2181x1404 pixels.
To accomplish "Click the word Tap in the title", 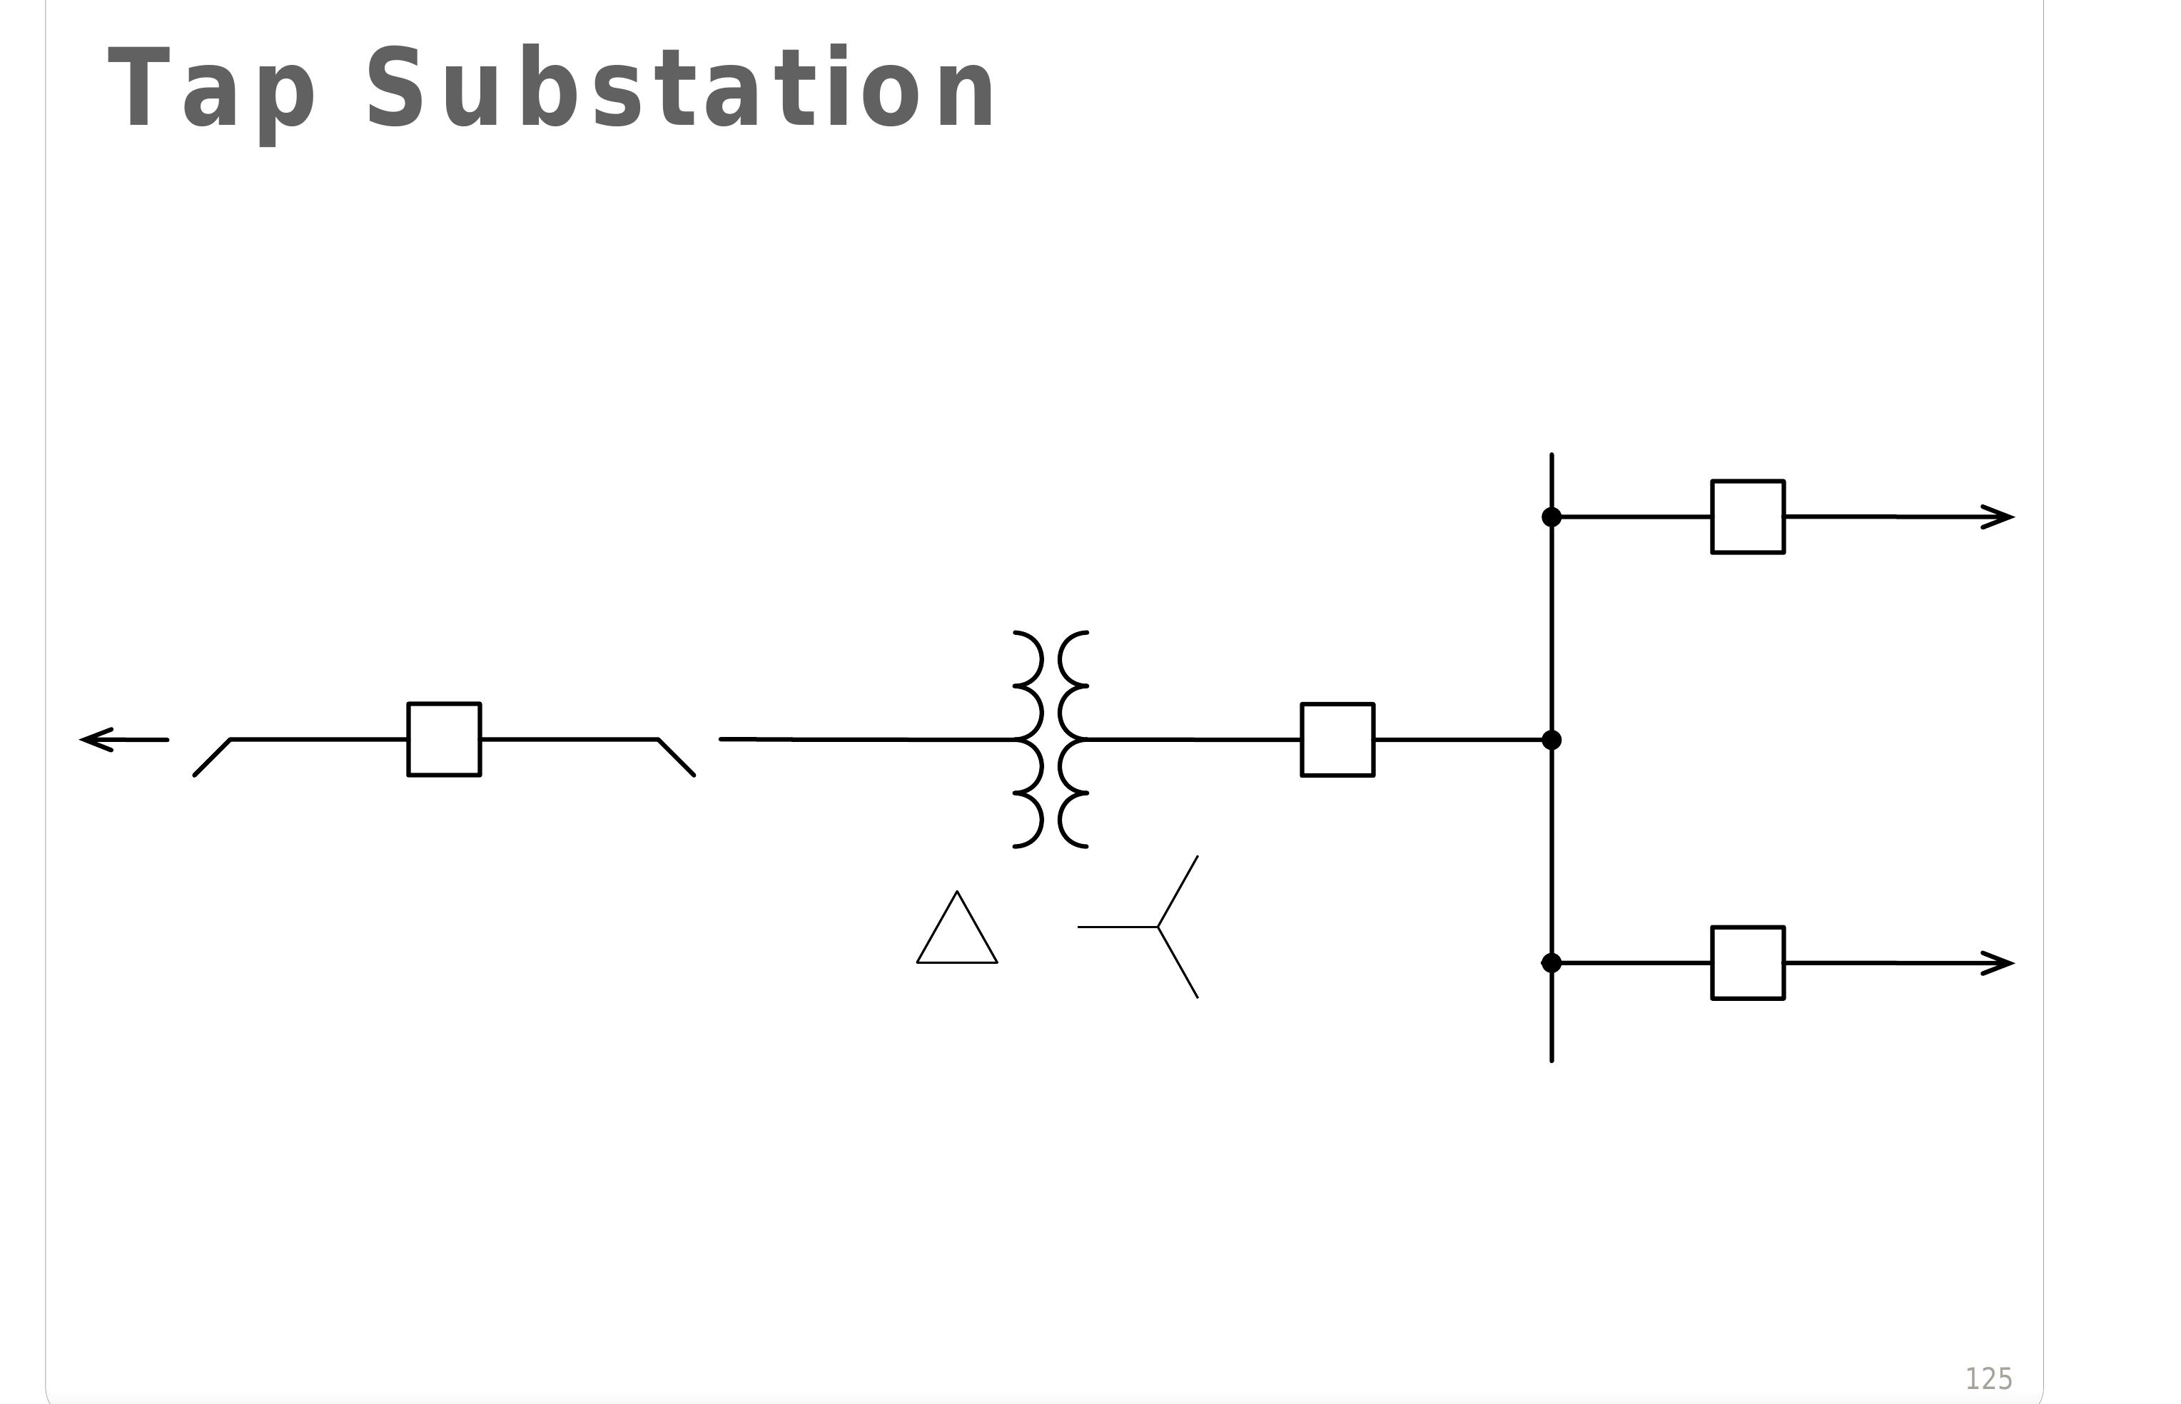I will click(211, 89).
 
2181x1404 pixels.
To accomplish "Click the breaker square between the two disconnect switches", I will click(444, 739).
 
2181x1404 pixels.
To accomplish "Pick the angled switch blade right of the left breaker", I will click(676, 757).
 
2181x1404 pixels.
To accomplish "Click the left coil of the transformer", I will click(1029, 739).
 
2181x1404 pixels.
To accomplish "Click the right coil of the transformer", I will click(1072, 739).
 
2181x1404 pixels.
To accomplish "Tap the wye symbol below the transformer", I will click(1158, 927).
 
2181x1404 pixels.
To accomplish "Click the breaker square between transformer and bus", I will click(1337, 739).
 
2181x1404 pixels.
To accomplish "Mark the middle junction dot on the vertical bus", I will click(1551, 739).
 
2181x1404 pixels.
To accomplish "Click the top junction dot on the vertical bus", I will click(1551, 517).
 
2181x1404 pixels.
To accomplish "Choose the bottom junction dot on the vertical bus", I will click(1551, 962).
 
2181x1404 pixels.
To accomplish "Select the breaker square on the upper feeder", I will click(1748, 517).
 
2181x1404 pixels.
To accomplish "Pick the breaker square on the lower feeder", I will click(1748, 962).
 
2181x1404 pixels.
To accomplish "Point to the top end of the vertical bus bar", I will click(1551, 456).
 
